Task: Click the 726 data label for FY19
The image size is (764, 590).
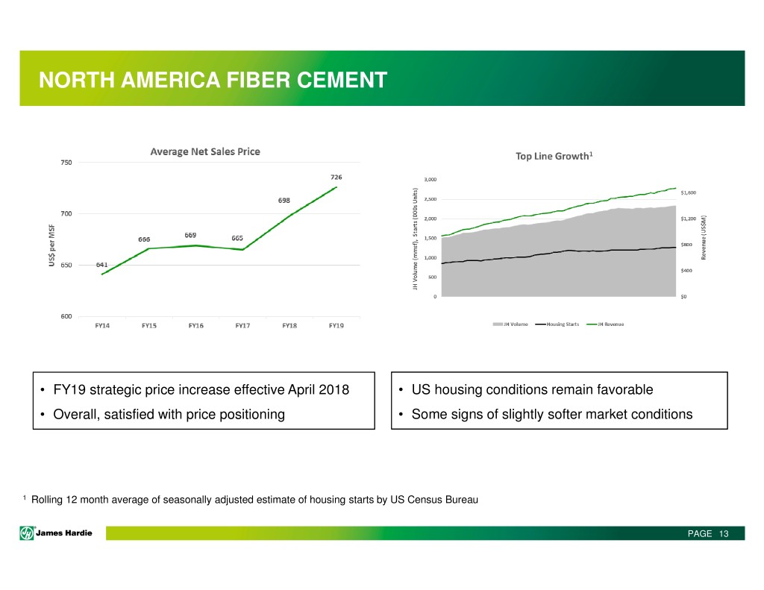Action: coord(337,177)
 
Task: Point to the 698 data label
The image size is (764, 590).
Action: coord(286,201)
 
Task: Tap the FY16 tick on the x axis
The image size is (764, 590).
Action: coord(195,326)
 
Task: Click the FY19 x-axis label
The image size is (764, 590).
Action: coord(337,326)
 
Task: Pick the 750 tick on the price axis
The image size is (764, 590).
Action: coord(67,163)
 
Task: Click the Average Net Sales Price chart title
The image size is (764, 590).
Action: coord(205,151)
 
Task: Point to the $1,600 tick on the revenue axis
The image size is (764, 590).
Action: coord(689,192)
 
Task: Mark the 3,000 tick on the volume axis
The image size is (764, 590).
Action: coord(430,179)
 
